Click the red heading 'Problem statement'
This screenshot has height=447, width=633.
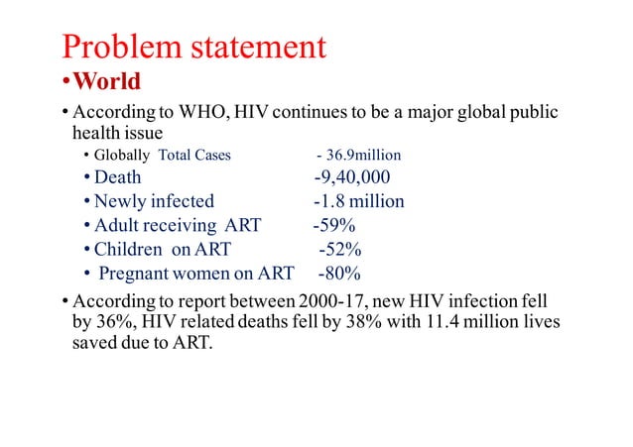click(193, 46)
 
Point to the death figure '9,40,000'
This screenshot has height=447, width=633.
click(354, 177)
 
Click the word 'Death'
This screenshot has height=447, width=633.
click(117, 177)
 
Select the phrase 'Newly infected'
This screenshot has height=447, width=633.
click(154, 201)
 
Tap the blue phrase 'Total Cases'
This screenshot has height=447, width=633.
click(194, 156)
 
